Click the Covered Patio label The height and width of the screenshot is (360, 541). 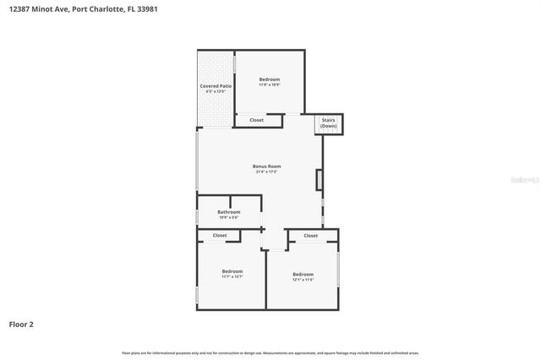pos(216,86)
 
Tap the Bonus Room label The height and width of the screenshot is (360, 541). pos(267,166)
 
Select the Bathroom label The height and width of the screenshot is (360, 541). pos(228,211)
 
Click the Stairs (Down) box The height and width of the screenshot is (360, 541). pos(328,123)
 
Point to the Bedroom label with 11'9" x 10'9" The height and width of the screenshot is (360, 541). pos(270,79)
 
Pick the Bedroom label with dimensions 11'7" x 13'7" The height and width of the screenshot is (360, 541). pos(232,271)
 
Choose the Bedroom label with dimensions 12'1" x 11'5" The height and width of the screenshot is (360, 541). pos(303,274)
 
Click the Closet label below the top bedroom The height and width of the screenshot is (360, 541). pos(256,120)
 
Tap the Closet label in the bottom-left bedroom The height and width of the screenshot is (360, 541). pos(220,235)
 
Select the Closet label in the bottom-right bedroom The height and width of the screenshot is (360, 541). pos(310,236)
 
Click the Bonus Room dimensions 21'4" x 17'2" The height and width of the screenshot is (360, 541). pos(267,172)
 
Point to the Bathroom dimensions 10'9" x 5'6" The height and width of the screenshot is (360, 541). pos(228,217)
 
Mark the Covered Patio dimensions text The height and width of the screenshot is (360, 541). pos(216,92)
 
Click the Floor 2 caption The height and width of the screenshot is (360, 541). pos(21,324)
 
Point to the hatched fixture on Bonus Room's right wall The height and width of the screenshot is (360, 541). pos(319,179)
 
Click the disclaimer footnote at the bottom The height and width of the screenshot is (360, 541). pos(270,352)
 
